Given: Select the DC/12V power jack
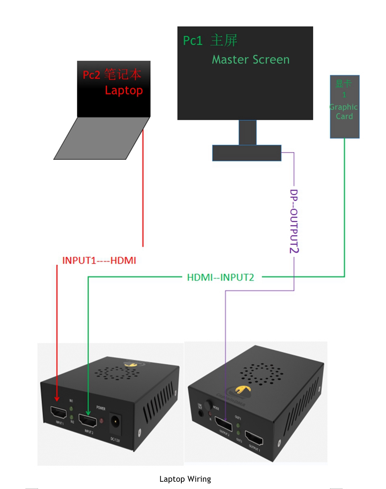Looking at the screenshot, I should coord(116,422).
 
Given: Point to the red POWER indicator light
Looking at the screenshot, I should coord(101,421).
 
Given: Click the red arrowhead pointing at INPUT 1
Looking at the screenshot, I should coord(57,398).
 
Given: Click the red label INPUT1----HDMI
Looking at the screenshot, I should coord(99,260).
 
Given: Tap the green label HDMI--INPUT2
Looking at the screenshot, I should coord(220,277).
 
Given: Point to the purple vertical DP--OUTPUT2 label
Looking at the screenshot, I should coord(294,221).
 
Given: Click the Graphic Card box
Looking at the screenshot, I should coord(345,107).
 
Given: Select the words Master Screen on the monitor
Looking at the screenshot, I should coord(250,60).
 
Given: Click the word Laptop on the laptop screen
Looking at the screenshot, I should coord(124,90).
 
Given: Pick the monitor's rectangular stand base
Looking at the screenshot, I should coord(246,153).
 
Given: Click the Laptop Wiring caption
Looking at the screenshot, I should coord(185,479).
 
